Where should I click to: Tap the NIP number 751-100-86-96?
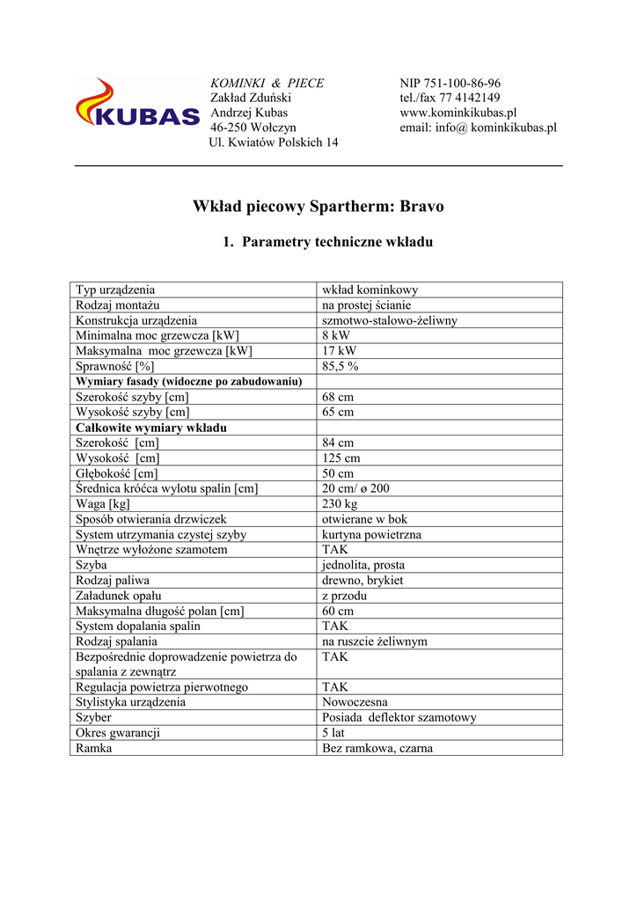point(450,84)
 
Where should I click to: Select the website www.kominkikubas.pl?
point(458,114)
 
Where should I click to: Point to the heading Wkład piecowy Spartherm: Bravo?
point(318,207)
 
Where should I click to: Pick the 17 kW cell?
point(338,351)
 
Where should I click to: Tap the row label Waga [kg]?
point(103,504)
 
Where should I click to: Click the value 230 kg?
point(340,504)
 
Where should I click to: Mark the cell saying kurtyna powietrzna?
point(371,535)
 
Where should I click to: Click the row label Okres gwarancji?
point(118,733)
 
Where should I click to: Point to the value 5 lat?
point(333,733)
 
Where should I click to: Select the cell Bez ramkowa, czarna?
point(377,749)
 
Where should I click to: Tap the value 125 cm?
point(340,458)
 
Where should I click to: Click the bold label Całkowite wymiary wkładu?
point(151,428)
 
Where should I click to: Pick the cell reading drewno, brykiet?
point(363,581)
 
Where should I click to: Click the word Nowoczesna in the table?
point(355,702)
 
